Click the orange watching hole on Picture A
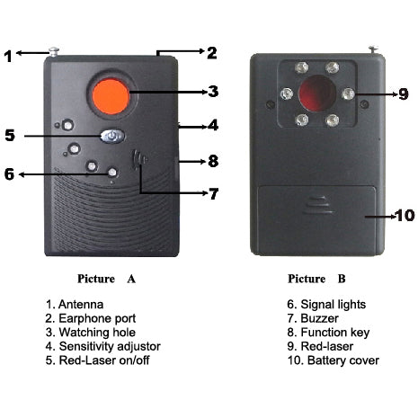[x=111, y=96]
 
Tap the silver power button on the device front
[x=112, y=137]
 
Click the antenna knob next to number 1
[x=54, y=51]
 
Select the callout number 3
[x=213, y=92]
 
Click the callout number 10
[x=405, y=216]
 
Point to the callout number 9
[x=404, y=94]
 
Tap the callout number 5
[x=10, y=135]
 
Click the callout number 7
[x=213, y=194]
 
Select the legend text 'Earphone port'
[x=97, y=318]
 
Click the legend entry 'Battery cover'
[x=343, y=360]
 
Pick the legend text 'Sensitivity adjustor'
[x=110, y=346]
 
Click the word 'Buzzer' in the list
[x=319, y=318]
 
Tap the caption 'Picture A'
[x=106, y=279]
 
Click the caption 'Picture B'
[x=316, y=279]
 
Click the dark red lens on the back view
[x=317, y=93]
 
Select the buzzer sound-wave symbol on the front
[x=139, y=160]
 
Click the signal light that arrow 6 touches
[x=112, y=173]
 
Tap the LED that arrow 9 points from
[x=348, y=93]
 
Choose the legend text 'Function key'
[x=335, y=333]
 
